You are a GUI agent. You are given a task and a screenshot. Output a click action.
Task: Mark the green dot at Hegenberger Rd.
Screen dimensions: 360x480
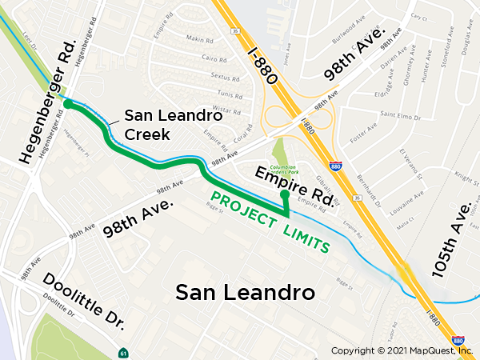click(68, 104)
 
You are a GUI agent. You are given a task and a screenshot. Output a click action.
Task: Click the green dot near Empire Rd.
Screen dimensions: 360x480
click(284, 194)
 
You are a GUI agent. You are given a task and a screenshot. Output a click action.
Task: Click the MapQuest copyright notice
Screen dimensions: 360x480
click(402, 350)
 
